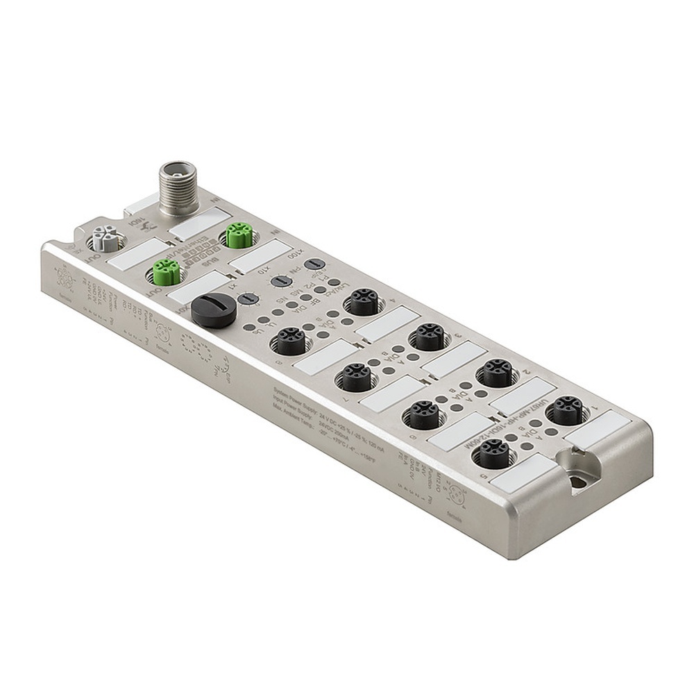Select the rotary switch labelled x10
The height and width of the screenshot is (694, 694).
(x=280, y=282)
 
